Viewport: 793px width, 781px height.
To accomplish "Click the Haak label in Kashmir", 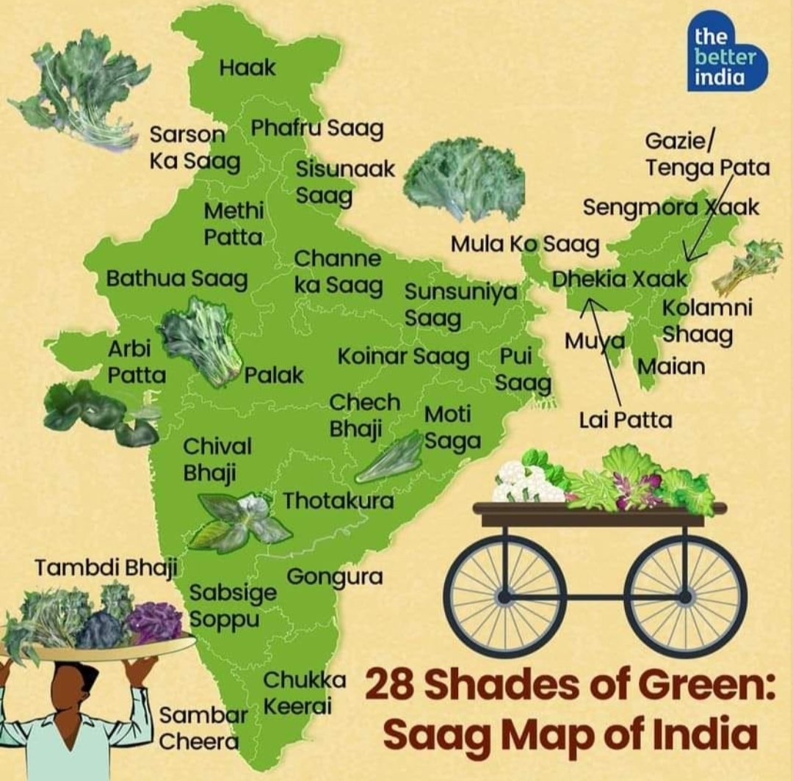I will point(247,68).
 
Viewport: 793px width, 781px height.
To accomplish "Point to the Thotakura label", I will point(338,501).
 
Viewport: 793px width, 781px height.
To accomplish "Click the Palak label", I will point(273,376).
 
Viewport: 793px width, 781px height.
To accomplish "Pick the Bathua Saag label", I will point(177,279).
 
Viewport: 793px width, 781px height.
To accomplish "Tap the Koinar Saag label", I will point(403,357).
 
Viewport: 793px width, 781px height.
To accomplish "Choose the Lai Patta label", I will point(625,421).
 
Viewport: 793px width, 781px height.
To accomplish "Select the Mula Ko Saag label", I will point(525,244).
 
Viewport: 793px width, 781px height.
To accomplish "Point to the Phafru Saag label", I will point(317,129).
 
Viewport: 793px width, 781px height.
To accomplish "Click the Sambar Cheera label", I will point(199,728).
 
